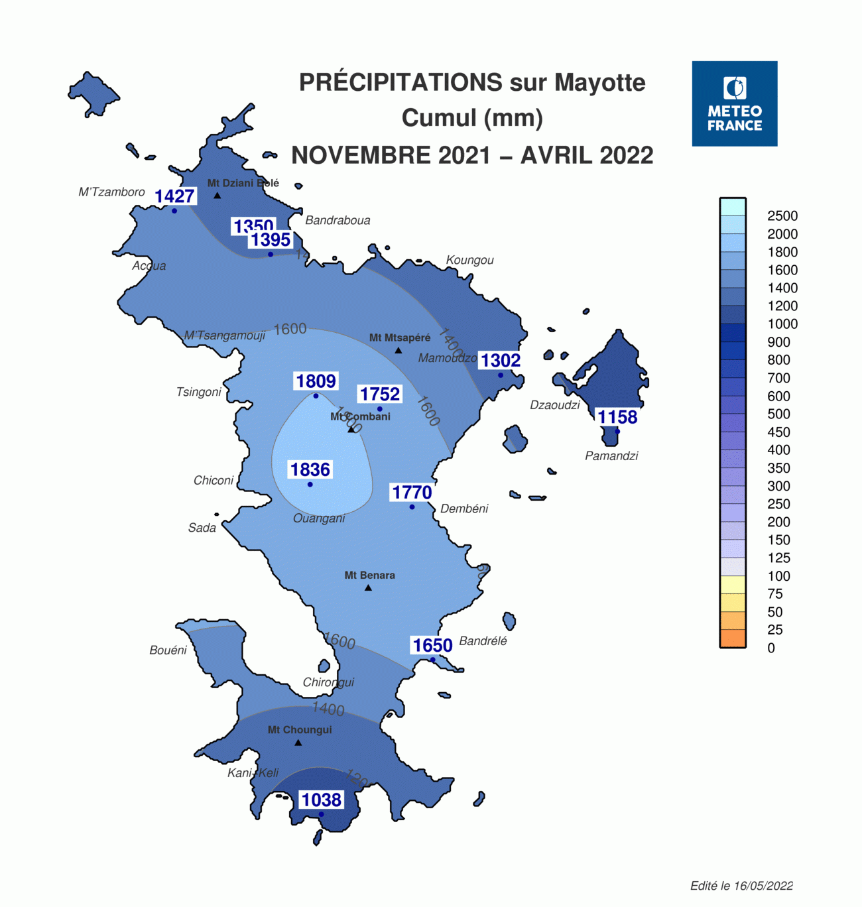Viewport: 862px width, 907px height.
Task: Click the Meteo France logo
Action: pyautogui.click(x=734, y=103)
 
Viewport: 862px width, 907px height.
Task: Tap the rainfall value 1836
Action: pyautogui.click(x=310, y=469)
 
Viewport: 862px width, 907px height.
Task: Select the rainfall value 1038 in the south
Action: pyautogui.click(x=322, y=800)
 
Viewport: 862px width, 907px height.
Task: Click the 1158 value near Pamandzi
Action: pyautogui.click(x=617, y=417)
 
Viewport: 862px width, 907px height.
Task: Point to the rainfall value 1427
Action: pyautogui.click(x=174, y=196)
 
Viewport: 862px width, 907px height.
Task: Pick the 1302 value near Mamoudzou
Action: pyautogui.click(x=501, y=360)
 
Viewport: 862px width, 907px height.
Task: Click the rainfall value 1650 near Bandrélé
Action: pyautogui.click(x=432, y=645)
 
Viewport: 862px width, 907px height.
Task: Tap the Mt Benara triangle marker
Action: pyautogui.click(x=369, y=588)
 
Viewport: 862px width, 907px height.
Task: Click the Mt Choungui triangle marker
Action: pyautogui.click(x=298, y=743)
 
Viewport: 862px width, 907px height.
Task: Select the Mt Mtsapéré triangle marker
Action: pyautogui.click(x=399, y=350)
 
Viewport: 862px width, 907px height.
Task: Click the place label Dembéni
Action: pyautogui.click(x=464, y=509)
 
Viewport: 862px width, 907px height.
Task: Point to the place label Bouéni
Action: pyautogui.click(x=168, y=650)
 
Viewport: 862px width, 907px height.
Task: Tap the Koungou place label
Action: pyautogui.click(x=469, y=260)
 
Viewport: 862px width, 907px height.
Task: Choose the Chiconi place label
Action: pyautogui.click(x=214, y=480)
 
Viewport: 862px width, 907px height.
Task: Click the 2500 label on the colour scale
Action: pyautogui.click(x=782, y=215)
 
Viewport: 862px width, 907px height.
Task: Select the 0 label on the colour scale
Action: pyautogui.click(x=771, y=648)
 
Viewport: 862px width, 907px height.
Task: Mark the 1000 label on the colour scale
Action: pyautogui.click(x=782, y=324)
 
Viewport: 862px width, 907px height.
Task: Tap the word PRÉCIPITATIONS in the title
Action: pyautogui.click(x=400, y=82)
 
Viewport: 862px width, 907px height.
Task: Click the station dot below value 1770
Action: pyautogui.click(x=412, y=507)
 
